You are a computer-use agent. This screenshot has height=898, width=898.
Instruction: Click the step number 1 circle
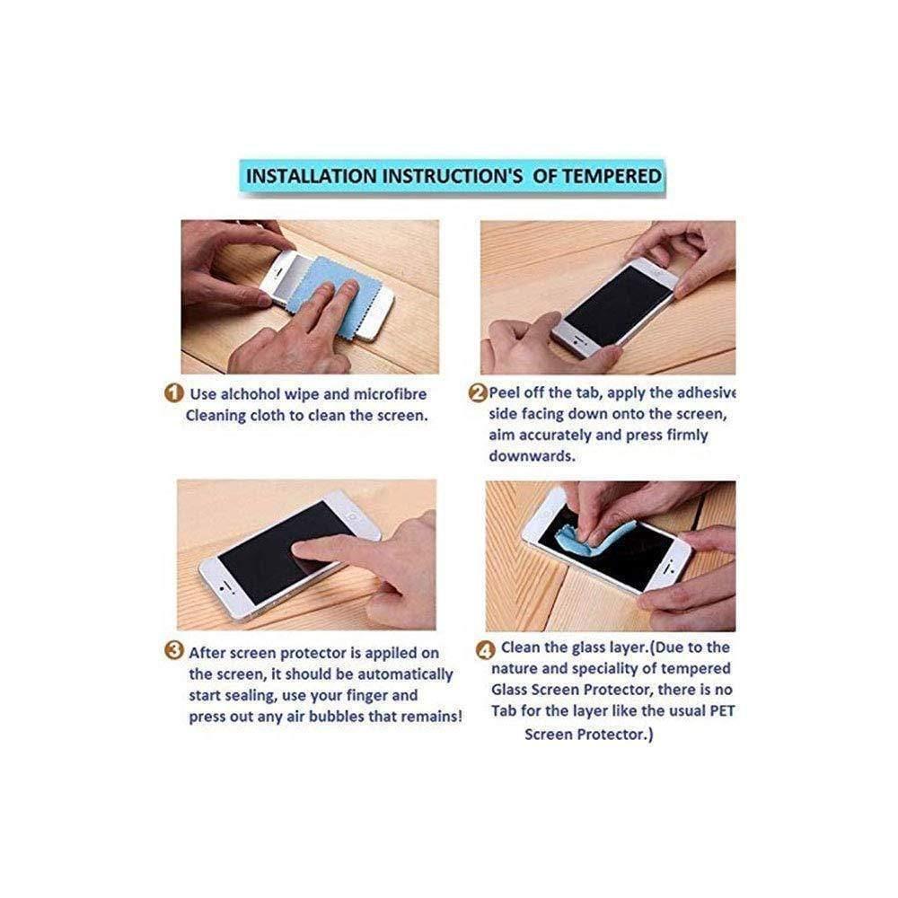click(x=174, y=393)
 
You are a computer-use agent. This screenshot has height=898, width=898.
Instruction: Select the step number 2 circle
click(x=478, y=393)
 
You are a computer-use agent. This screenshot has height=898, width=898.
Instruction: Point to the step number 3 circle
click(x=174, y=650)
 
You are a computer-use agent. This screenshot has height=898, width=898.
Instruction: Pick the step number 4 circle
click(x=485, y=650)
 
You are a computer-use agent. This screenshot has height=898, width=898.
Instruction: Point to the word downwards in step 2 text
click(x=532, y=456)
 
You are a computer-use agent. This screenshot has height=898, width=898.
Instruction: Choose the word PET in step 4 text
click(x=722, y=710)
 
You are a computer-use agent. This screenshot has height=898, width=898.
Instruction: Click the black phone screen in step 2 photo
click(x=619, y=304)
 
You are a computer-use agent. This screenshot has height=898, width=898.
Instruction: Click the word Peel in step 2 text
click(x=503, y=393)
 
